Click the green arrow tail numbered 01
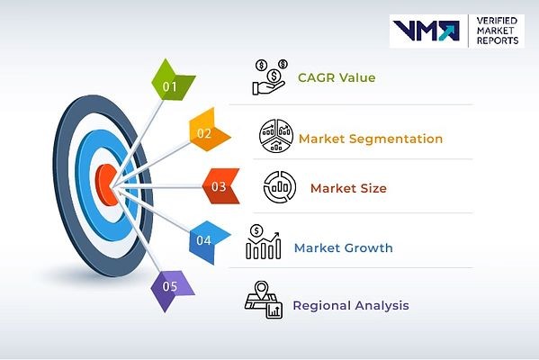click(x=171, y=82)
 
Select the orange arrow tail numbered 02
click(x=208, y=130)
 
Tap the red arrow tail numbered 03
click(x=221, y=186)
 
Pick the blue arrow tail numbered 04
click(x=208, y=241)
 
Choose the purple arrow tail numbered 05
click(x=171, y=289)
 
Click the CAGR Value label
click(x=337, y=77)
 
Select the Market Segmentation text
click(x=371, y=139)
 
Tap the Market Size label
click(x=348, y=188)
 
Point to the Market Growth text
click(x=344, y=247)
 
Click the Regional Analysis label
click(x=351, y=305)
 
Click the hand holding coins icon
click(x=270, y=76)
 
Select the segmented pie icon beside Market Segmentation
click(x=276, y=136)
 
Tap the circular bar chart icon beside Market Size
click(x=280, y=186)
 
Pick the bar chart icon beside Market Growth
click(x=264, y=242)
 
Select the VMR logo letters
click(x=427, y=31)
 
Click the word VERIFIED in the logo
click(x=497, y=21)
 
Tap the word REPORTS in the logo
click(x=498, y=40)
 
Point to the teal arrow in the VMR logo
click(x=448, y=31)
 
